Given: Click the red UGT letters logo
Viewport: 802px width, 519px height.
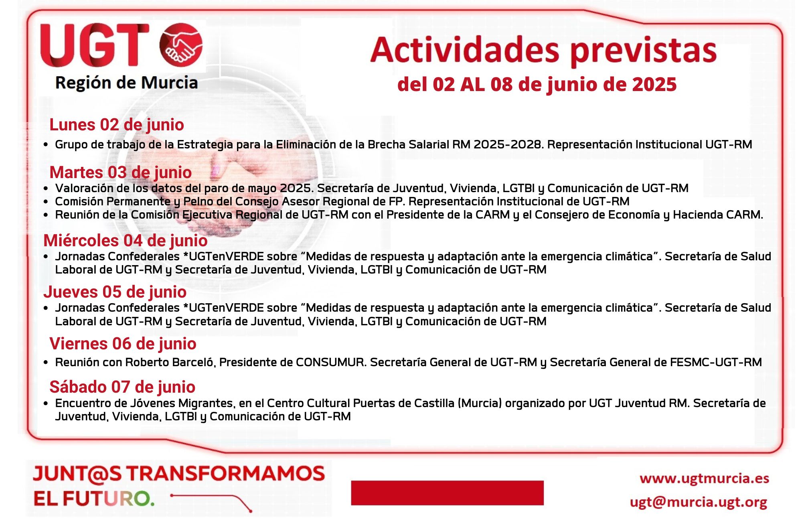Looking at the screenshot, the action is [95, 45].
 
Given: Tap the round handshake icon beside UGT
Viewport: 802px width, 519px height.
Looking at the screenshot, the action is [181, 45].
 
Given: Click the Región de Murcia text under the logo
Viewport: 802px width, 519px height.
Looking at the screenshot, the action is [126, 83].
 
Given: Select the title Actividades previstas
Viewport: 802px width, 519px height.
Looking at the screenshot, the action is [543, 51].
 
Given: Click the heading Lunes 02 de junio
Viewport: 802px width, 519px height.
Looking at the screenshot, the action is [117, 125].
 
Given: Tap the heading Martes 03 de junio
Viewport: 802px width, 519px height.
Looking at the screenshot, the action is [121, 172].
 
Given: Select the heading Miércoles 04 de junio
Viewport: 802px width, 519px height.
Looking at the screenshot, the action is [126, 241].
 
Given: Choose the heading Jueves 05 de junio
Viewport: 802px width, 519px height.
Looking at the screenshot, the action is [115, 292].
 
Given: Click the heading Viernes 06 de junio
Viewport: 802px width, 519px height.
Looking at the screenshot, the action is [123, 344].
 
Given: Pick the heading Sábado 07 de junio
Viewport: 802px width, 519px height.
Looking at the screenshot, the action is [122, 387].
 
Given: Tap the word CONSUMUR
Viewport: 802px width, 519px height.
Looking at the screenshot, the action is [331, 362].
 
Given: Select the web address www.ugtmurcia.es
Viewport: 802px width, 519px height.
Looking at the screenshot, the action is [705, 478].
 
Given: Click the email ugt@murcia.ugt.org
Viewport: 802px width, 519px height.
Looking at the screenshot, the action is [699, 502].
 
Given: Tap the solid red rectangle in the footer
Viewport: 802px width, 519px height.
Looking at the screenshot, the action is [447, 493].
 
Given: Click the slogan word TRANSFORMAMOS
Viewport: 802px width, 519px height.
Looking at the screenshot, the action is [226, 474].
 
